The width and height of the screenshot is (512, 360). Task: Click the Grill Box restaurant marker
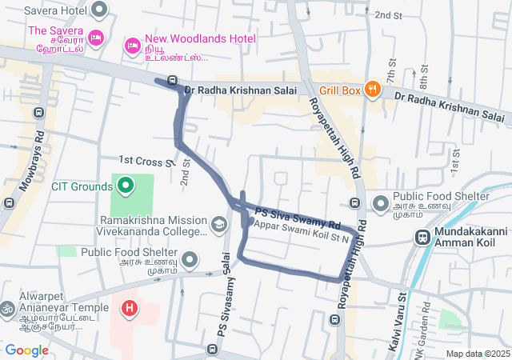[372, 90]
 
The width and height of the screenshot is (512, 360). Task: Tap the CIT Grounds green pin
[125, 186]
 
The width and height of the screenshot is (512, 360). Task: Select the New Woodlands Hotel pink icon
[132, 46]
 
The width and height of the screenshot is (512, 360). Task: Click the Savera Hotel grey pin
[99, 10]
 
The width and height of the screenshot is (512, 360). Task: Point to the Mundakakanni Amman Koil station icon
[422, 237]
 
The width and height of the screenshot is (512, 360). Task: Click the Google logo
[26, 350]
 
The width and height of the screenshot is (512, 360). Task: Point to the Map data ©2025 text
[477, 354]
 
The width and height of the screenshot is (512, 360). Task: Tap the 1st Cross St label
[145, 161]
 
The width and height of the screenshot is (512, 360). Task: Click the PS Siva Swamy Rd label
[298, 215]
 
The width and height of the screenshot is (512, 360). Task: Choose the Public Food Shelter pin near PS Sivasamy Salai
[190, 259]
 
